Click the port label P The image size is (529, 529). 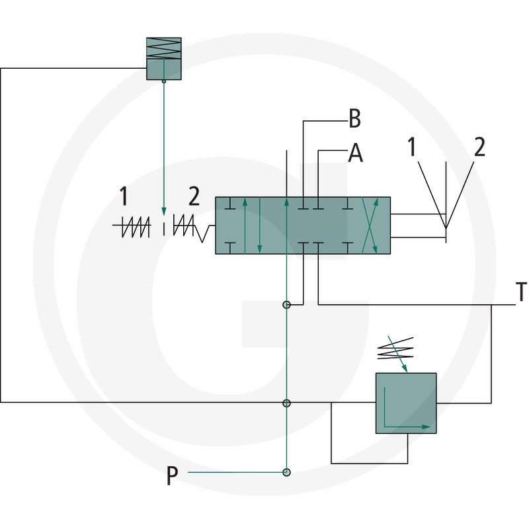[x=172, y=476]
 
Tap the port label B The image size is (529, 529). [x=354, y=120]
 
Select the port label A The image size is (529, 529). [x=356, y=154]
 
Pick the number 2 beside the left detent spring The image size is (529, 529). [x=194, y=196]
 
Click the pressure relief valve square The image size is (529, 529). [x=406, y=403]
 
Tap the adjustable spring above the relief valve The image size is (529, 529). [x=395, y=349]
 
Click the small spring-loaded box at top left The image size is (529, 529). [x=163, y=58]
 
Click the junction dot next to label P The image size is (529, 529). [x=286, y=472]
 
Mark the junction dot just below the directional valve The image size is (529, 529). [x=286, y=305]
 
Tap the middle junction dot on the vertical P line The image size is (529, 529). [x=286, y=403]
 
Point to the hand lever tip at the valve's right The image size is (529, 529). [x=446, y=228]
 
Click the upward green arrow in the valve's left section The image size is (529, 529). [x=245, y=225]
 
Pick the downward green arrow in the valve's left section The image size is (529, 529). [x=260, y=225]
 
